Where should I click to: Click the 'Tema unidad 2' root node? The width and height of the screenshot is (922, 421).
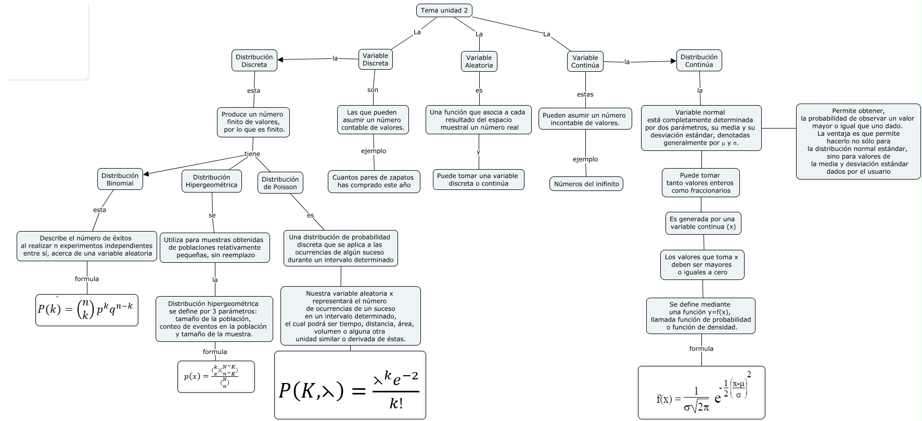click(x=444, y=10)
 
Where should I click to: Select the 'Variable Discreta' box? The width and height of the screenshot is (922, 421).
click(x=375, y=59)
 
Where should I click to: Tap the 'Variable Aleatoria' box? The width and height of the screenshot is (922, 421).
click(x=479, y=61)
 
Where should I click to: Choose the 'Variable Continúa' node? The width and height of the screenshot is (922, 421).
click(x=585, y=61)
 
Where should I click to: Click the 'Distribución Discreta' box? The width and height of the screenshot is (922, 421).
click(x=254, y=61)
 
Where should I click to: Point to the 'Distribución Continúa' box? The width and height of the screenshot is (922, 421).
click(x=699, y=61)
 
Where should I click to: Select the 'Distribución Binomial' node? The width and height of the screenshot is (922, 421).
click(x=120, y=180)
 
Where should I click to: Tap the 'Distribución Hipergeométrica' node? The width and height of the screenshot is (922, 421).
click(x=211, y=181)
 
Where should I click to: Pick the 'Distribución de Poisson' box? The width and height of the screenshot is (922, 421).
click(x=280, y=183)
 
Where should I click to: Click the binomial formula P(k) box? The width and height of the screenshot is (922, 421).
click(x=86, y=310)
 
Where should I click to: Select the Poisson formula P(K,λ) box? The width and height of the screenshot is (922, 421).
click(x=350, y=385)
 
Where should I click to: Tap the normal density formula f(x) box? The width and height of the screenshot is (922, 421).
click(x=701, y=392)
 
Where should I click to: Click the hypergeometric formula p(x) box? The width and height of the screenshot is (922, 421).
click(x=216, y=377)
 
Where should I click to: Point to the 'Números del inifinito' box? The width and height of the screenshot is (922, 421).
click(x=586, y=184)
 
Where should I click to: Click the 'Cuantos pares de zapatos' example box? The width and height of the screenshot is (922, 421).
click(x=374, y=181)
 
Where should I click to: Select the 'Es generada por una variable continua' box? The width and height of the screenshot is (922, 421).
click(x=702, y=223)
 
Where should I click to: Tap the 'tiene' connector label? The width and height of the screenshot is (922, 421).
click(x=252, y=154)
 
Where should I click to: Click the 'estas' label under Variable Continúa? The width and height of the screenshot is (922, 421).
click(x=585, y=94)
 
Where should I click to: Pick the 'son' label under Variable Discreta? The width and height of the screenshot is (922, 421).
click(x=373, y=90)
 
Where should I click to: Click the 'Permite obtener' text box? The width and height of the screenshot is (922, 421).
click(x=858, y=141)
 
